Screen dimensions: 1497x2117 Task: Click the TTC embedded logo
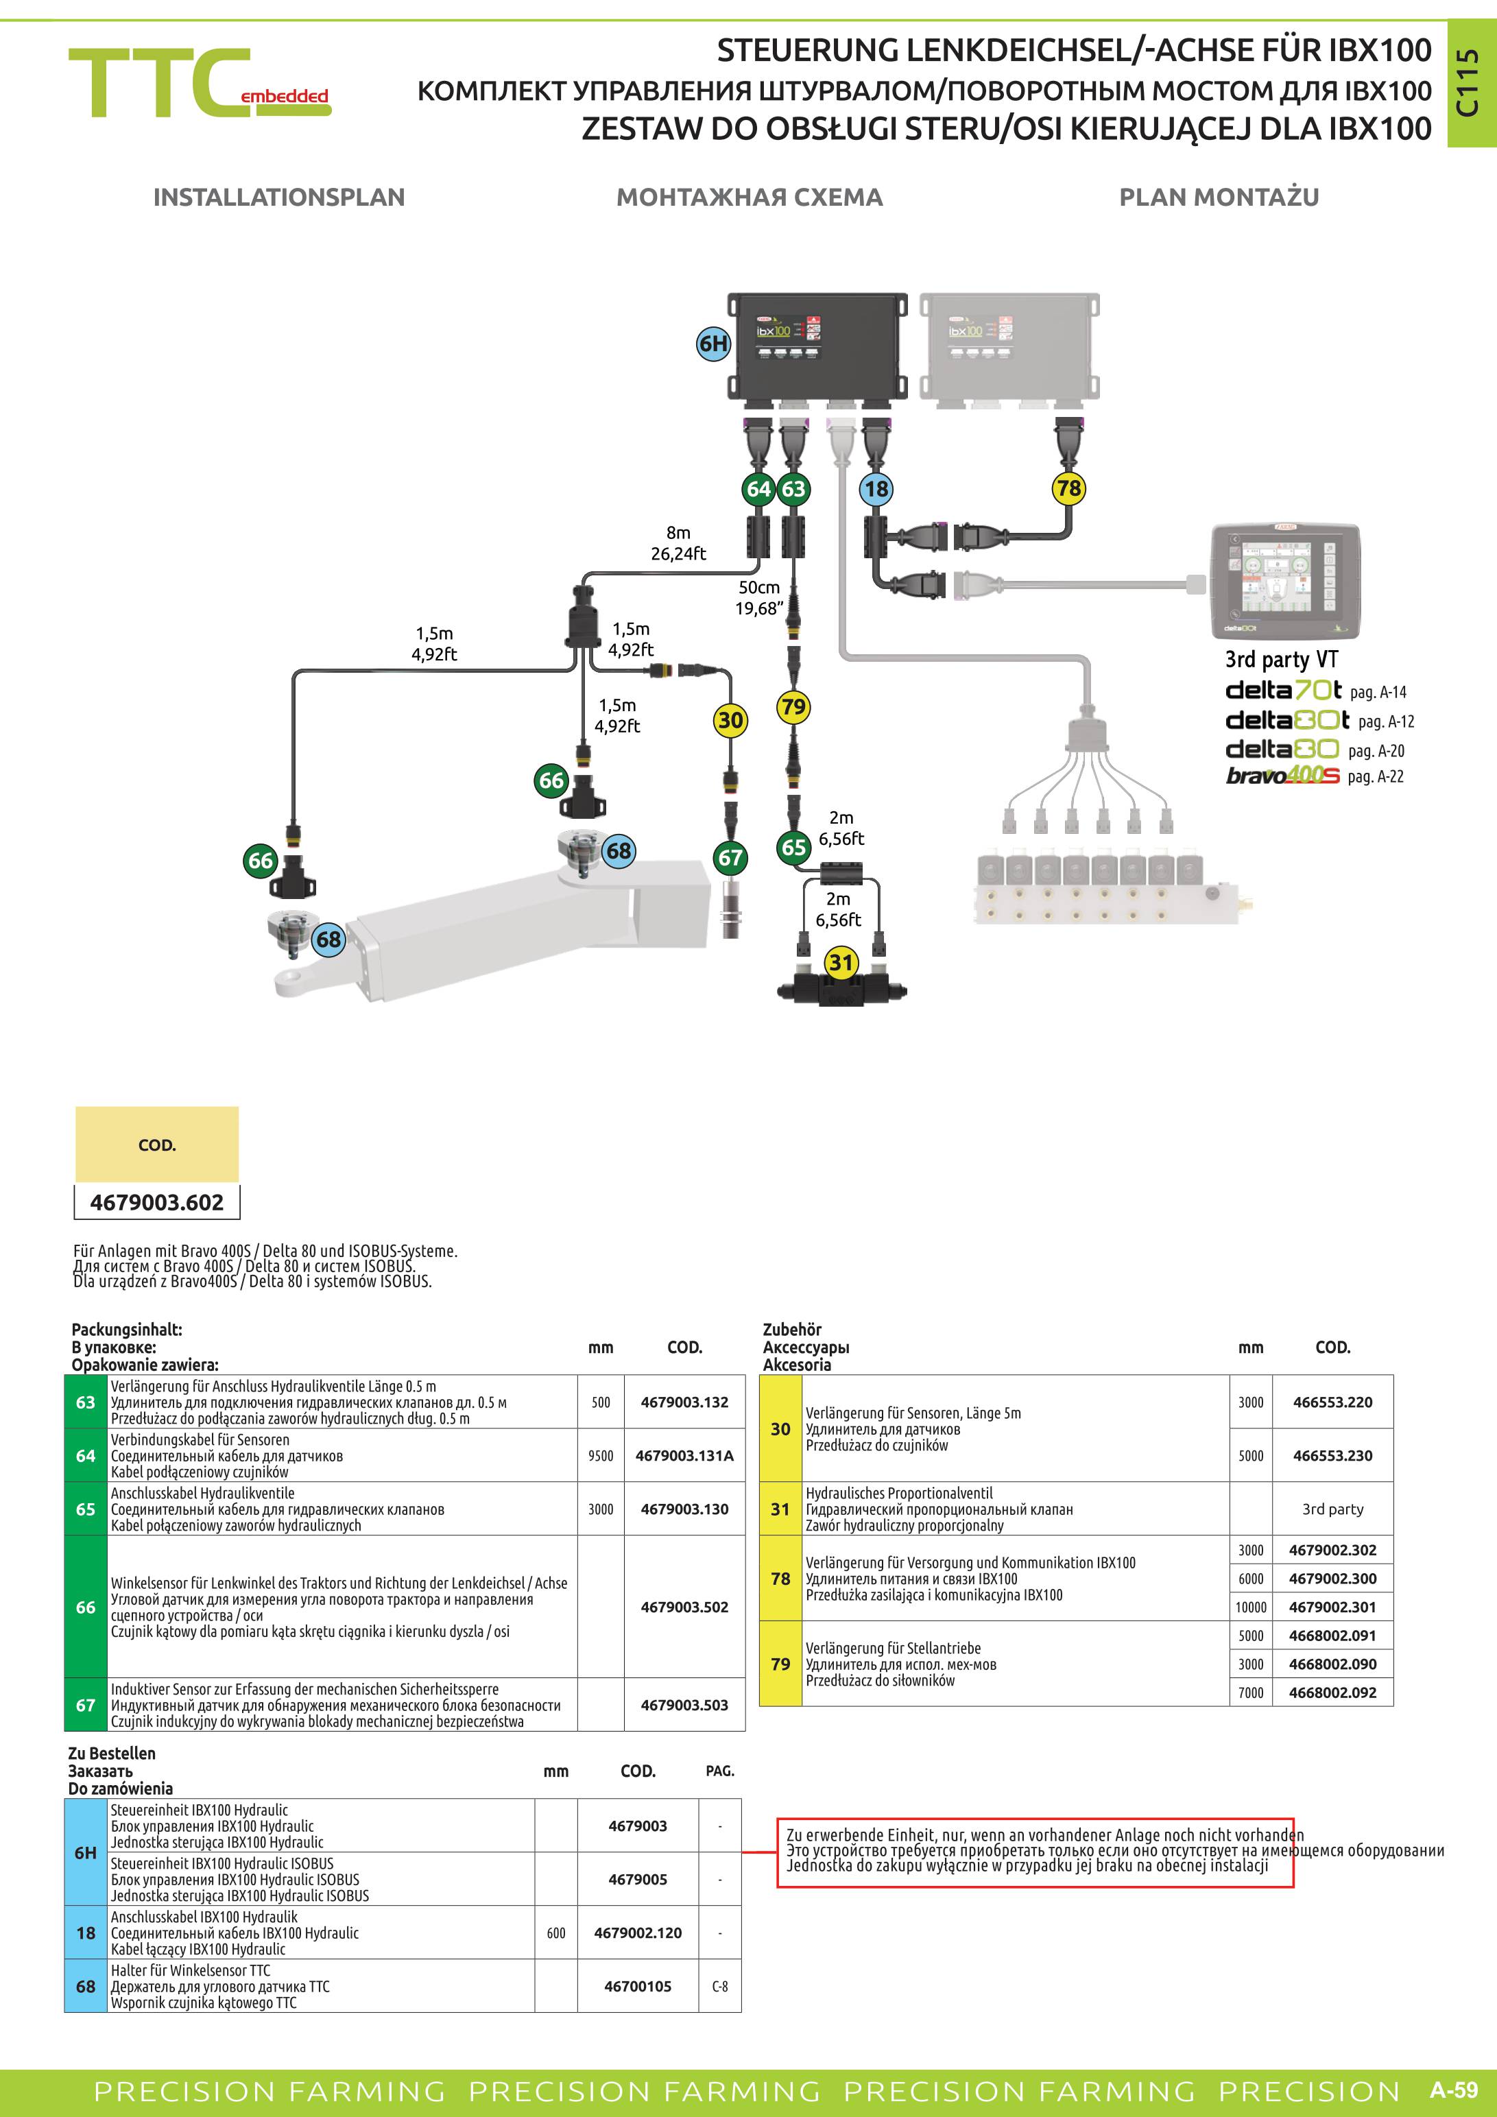(x=199, y=83)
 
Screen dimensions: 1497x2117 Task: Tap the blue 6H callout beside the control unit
(x=713, y=344)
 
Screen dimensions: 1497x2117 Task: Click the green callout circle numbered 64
(x=758, y=489)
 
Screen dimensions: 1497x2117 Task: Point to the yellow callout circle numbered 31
(x=841, y=963)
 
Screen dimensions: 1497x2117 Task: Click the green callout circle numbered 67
(x=730, y=857)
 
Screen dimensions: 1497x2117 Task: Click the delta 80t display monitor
(x=1285, y=581)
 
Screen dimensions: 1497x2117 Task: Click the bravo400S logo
(x=1282, y=776)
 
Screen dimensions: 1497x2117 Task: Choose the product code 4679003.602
(x=157, y=1202)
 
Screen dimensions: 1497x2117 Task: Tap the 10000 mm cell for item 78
(x=1251, y=1607)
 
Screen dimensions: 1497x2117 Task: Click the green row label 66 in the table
(x=86, y=1607)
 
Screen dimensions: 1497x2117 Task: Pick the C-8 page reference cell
(x=720, y=1986)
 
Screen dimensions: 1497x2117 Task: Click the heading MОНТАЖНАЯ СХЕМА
(x=750, y=198)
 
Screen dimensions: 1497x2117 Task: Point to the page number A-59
(x=1454, y=2090)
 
